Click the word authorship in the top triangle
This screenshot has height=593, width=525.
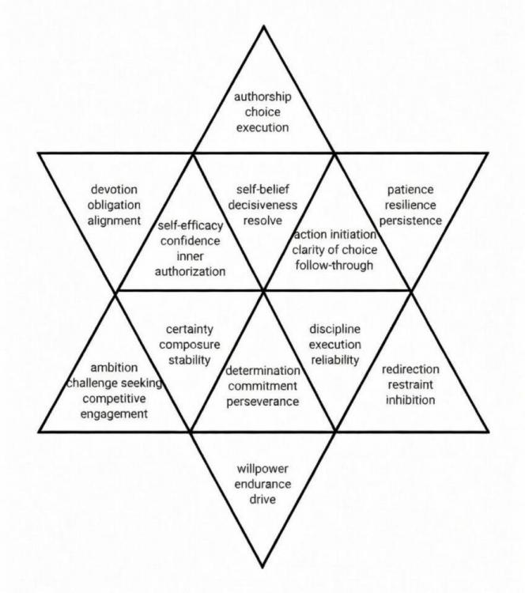point(262,96)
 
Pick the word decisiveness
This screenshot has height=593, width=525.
point(263,205)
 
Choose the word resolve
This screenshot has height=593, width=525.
point(263,220)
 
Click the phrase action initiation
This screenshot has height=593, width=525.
point(333,235)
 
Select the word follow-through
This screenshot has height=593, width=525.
point(333,265)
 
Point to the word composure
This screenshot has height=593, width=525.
point(190,346)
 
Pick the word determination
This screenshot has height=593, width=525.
point(263,371)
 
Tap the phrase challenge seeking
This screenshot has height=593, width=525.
point(115,382)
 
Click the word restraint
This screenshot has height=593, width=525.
point(410,385)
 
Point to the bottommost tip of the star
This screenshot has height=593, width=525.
point(263,566)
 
